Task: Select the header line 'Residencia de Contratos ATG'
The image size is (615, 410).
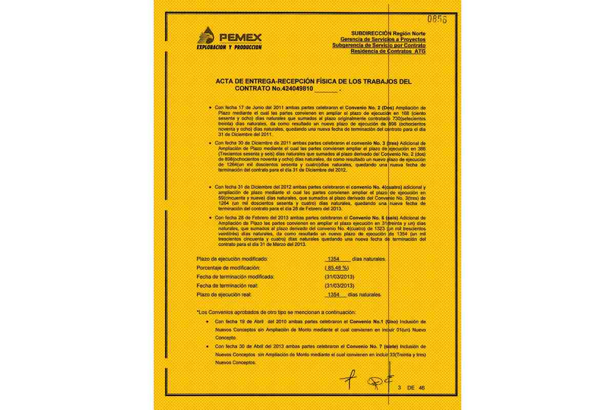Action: (388, 51)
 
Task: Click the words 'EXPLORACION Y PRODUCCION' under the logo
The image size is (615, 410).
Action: (229, 47)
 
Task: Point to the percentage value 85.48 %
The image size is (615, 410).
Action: (337, 268)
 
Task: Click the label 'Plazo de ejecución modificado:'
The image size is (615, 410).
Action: (232, 259)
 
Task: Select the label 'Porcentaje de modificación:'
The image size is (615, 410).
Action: (228, 268)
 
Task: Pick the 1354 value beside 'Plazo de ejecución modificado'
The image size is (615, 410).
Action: (334, 259)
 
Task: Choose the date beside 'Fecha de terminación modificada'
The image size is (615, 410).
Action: (338, 277)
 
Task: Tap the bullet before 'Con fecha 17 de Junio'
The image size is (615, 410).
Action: (210, 108)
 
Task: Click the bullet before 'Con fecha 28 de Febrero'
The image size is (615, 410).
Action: (210, 218)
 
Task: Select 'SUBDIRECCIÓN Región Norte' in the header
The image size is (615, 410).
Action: (388, 33)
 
